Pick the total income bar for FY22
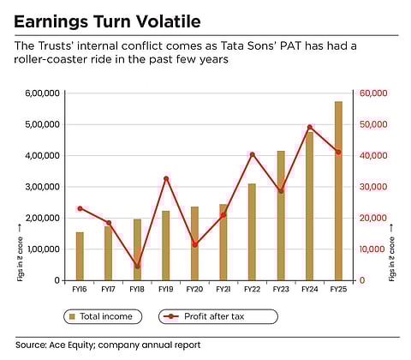click(252, 231)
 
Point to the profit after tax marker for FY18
click(137, 266)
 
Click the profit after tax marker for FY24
click(309, 127)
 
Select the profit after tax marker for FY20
click(195, 244)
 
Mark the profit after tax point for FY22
click(252, 154)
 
